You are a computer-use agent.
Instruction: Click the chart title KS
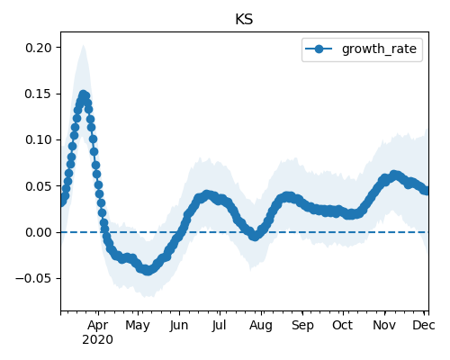[244, 20]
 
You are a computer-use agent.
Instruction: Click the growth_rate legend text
[379, 49]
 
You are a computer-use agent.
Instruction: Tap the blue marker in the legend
[319, 49]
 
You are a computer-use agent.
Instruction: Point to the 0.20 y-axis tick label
[39, 48]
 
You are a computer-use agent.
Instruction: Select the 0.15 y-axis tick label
[39, 94]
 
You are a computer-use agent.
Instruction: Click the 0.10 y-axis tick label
[39, 139]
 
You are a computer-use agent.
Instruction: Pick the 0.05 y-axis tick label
[39, 186]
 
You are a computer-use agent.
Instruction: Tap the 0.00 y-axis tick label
[39, 232]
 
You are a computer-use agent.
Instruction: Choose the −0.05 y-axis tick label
[33, 279]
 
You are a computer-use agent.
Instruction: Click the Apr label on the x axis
[98, 325]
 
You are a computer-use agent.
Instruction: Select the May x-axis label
[138, 325]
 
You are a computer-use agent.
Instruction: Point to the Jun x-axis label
[179, 325]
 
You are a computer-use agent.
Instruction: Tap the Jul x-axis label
[220, 325]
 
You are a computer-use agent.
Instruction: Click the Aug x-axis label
[261, 325]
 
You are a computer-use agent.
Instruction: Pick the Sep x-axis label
[302, 325]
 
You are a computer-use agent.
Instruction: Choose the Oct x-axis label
[342, 325]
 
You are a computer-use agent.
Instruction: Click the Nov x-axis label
[384, 325]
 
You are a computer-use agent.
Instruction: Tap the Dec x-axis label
[424, 325]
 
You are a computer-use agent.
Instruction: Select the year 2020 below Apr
[98, 340]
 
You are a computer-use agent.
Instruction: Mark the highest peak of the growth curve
[83, 94]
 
